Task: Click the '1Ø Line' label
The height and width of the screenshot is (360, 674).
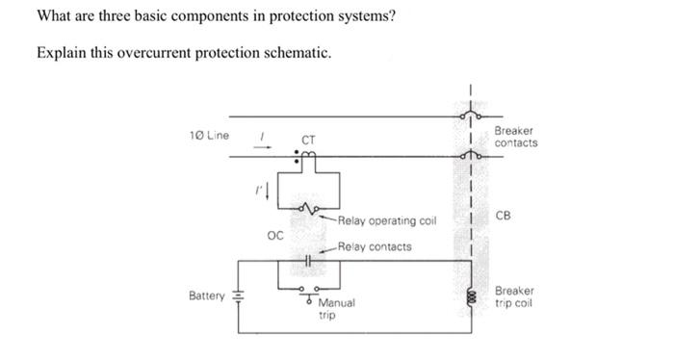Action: [x=209, y=135]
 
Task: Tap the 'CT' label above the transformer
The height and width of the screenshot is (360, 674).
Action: [x=308, y=141]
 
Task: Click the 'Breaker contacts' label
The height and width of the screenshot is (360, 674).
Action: [x=516, y=137]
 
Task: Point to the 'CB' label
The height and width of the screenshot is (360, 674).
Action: [x=505, y=215]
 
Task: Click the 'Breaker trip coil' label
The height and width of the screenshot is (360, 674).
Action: [x=515, y=297]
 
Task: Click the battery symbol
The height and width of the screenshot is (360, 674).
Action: [x=239, y=297]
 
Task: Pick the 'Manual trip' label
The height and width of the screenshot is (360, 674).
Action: [x=336, y=309]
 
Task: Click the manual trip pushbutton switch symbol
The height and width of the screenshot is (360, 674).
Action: [x=309, y=289]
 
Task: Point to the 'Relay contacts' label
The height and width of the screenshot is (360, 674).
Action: [x=377, y=246]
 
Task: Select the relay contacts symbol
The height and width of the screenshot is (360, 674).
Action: [x=308, y=260]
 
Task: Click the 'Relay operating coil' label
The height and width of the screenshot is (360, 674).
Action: [x=388, y=220]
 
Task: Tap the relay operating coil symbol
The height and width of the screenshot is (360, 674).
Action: [x=308, y=208]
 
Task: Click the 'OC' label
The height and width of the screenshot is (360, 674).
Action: [x=274, y=234]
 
